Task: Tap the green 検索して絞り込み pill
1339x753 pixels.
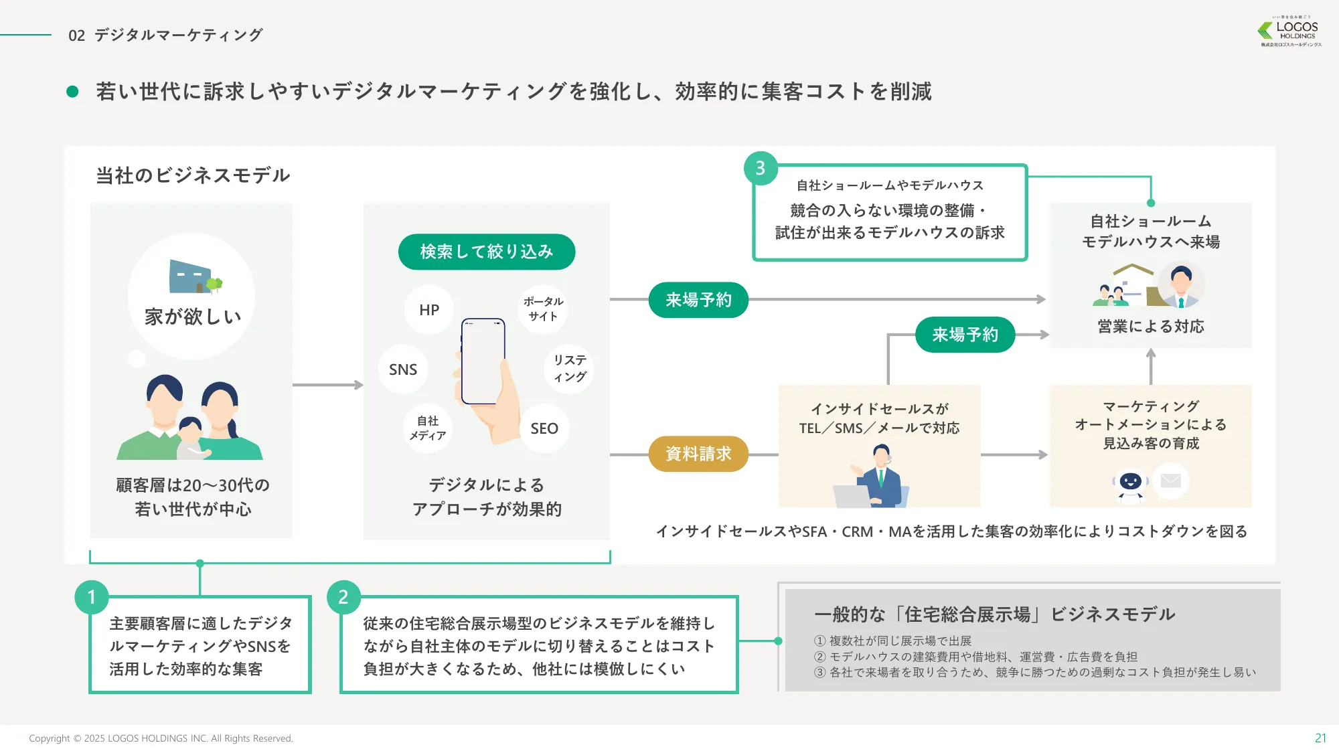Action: (x=487, y=252)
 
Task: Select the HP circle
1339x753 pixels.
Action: (x=429, y=310)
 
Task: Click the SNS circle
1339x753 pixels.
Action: (x=403, y=369)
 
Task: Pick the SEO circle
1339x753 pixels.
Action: (x=544, y=428)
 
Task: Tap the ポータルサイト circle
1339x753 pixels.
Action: (x=543, y=309)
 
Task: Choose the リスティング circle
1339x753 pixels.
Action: (x=570, y=369)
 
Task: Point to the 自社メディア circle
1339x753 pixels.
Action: (x=428, y=428)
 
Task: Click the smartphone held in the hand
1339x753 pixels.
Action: (x=483, y=361)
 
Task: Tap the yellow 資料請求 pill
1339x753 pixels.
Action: (x=698, y=454)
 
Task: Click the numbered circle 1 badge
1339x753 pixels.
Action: (x=92, y=597)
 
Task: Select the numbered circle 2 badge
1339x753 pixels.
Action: (x=343, y=597)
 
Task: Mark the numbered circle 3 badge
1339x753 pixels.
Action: (x=761, y=168)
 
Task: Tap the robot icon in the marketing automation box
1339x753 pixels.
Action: (x=1131, y=484)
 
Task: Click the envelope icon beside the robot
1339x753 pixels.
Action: (x=1171, y=481)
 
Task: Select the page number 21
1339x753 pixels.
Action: (x=1320, y=738)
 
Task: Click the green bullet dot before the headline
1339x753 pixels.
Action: (x=73, y=92)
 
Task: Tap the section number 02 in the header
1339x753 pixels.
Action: (x=77, y=35)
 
